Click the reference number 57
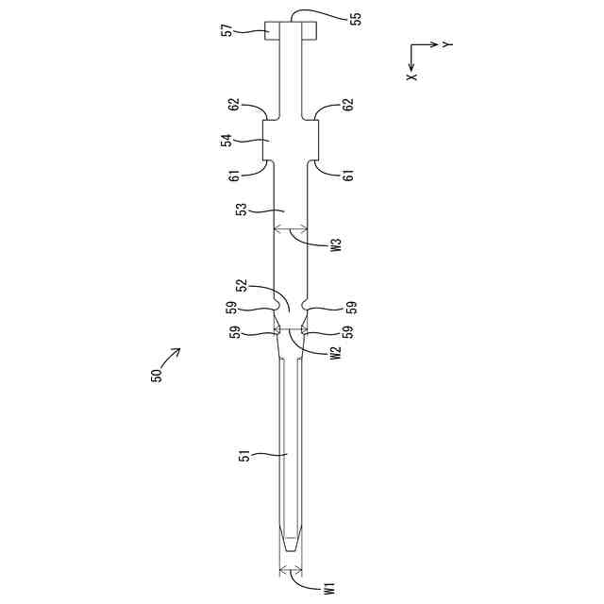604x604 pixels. (x=227, y=30)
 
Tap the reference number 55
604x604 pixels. (x=357, y=19)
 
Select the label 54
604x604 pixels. (x=227, y=141)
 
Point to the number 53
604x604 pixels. (x=243, y=210)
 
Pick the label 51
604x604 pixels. (x=244, y=455)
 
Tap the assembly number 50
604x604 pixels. (x=157, y=376)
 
